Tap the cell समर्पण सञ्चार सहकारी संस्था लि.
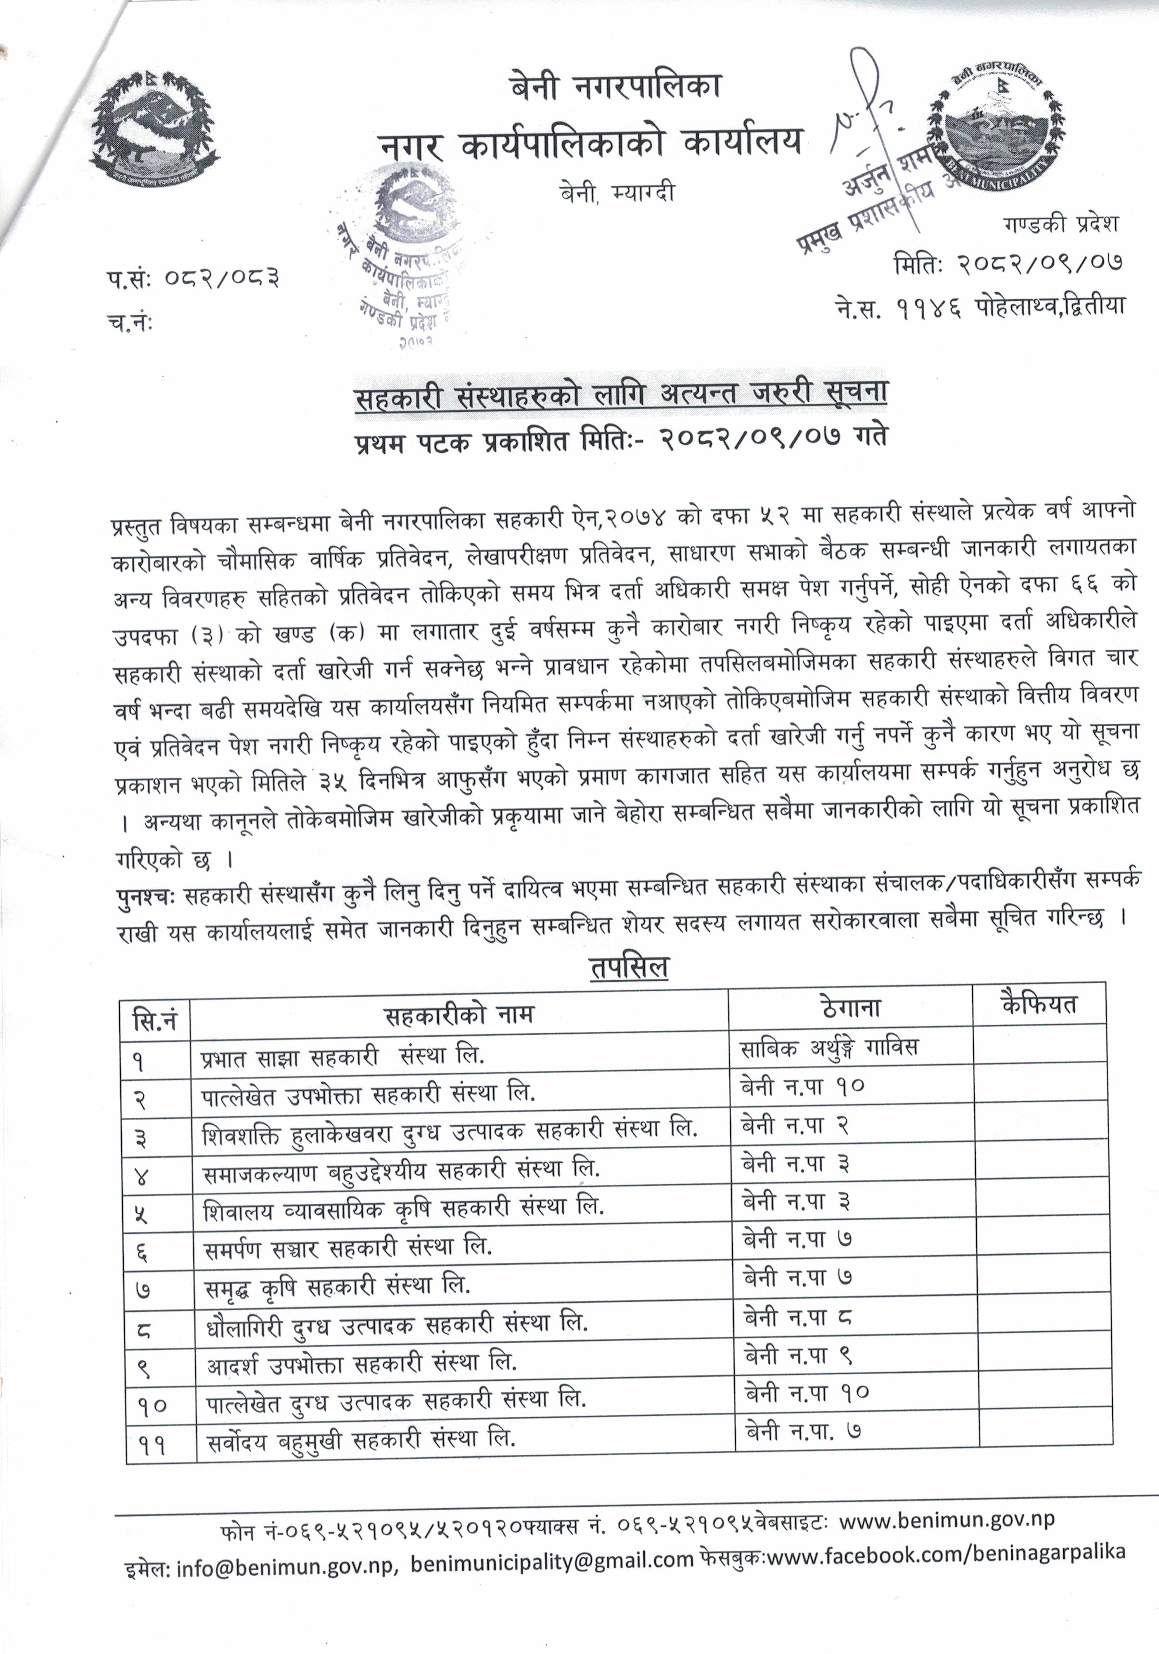pos(348,1246)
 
